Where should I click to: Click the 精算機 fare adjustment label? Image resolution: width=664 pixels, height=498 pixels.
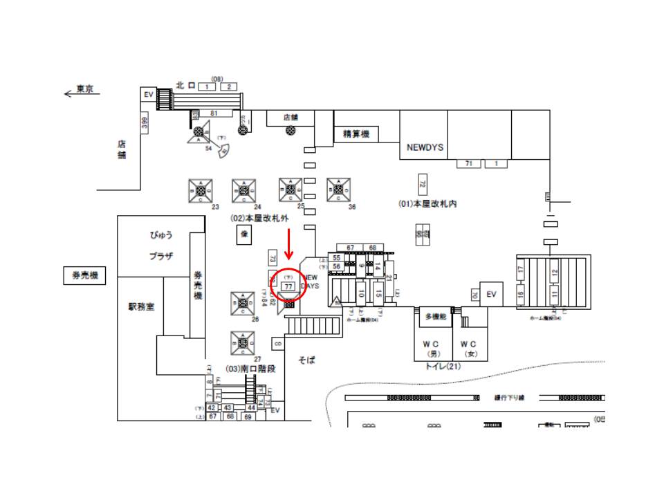point(356,134)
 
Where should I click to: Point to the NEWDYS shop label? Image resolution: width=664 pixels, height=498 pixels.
point(425,148)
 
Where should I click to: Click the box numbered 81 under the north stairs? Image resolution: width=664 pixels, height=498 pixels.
point(214,113)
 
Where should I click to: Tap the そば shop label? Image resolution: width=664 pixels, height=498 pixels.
point(306,360)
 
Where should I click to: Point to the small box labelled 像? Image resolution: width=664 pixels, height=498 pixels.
point(243,235)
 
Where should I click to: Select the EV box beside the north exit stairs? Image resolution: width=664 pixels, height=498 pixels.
point(148,95)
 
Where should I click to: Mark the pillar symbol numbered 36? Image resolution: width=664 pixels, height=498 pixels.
point(338,190)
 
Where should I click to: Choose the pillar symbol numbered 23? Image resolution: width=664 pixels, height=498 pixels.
point(201,190)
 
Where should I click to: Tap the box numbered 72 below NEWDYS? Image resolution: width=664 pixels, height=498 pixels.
point(422,183)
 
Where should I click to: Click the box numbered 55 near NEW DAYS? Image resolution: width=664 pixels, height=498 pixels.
point(336,257)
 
